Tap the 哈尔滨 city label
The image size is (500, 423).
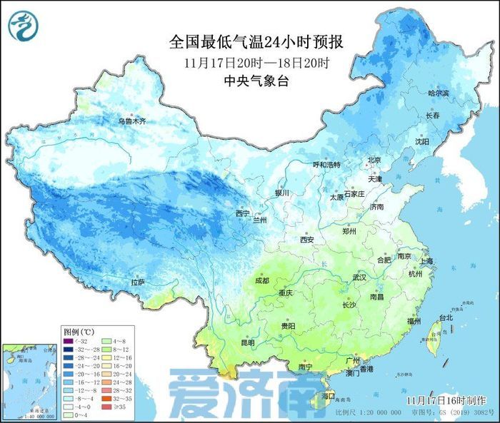tap(439, 93)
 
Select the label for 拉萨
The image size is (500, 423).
tap(137, 283)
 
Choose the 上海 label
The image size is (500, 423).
tap(426, 262)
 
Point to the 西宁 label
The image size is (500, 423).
tap(243, 213)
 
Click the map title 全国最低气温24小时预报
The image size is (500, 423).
tap(261, 42)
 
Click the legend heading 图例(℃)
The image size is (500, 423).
tap(79, 331)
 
